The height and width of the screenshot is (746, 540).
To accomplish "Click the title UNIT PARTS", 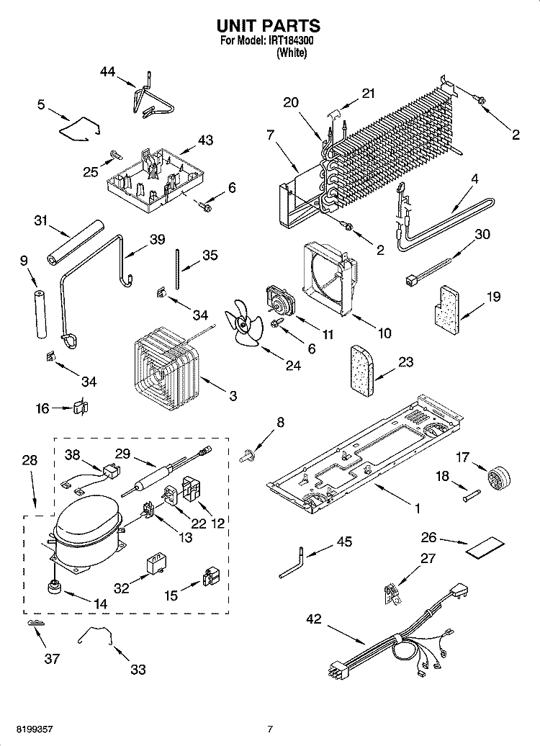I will (269, 26).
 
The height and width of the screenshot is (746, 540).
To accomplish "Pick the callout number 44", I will (107, 71).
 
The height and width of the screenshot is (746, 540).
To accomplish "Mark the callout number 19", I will (493, 296).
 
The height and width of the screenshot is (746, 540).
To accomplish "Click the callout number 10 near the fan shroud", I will (384, 333).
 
